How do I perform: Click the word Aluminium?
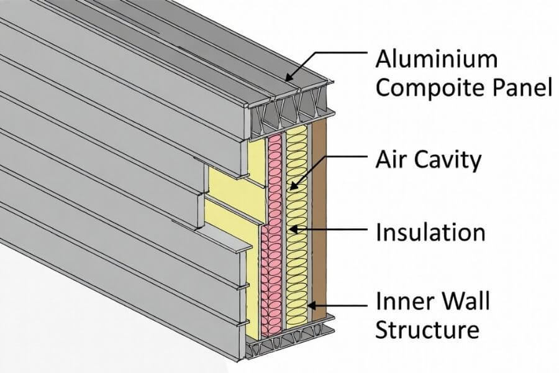point(437,60)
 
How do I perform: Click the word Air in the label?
point(393,160)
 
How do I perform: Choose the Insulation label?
point(430,233)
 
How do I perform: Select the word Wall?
point(465,302)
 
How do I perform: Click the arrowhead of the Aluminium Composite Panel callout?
point(286,79)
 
